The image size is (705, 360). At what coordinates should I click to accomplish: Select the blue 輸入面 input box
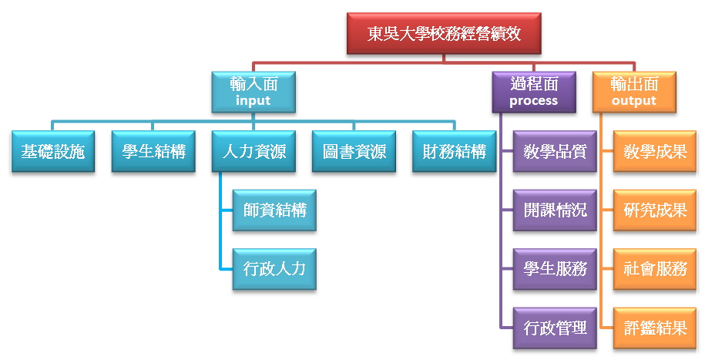(253, 91)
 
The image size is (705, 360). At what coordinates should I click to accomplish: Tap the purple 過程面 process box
(534, 91)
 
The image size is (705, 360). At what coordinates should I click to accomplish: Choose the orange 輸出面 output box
(634, 91)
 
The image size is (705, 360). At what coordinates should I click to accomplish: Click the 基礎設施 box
(52, 152)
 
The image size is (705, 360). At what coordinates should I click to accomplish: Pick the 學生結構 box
(153, 152)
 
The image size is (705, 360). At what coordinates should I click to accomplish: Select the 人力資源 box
(253, 152)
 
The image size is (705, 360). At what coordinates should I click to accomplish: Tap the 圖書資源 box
(354, 152)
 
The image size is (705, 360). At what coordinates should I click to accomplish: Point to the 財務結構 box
(455, 152)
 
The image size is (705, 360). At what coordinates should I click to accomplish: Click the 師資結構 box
(274, 210)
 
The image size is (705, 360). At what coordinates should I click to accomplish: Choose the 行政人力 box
(274, 269)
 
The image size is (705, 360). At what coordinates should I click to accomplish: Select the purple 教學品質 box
(555, 152)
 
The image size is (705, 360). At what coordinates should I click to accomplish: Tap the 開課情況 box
(555, 210)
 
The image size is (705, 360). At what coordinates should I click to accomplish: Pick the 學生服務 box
(555, 269)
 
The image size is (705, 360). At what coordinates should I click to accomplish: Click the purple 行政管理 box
(555, 328)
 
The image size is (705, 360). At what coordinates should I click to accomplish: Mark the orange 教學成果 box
(655, 152)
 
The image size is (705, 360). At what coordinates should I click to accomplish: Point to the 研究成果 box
(655, 210)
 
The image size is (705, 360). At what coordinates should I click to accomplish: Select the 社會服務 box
(655, 269)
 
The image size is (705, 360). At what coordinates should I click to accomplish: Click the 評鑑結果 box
(655, 328)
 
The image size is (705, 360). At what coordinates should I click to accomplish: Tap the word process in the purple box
(534, 101)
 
